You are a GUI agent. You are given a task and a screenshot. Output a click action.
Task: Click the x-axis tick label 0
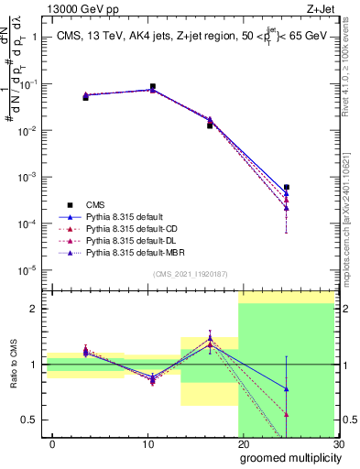coord(53,443)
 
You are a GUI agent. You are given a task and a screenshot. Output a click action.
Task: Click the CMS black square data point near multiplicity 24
coord(287,187)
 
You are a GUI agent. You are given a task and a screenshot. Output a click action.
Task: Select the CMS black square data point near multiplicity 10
coord(152,86)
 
